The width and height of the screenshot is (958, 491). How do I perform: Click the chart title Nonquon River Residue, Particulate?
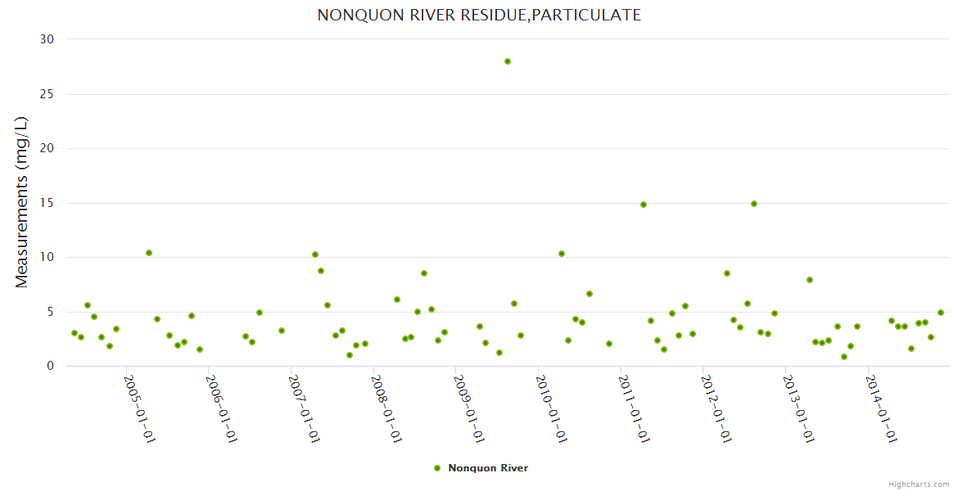pyautogui.click(x=479, y=16)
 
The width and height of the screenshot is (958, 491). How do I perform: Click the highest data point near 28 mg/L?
pyautogui.click(x=508, y=61)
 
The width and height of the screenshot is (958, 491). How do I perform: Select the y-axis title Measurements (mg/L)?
pyautogui.click(x=22, y=202)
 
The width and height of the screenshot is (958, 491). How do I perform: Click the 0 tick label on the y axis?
pyautogui.click(x=50, y=367)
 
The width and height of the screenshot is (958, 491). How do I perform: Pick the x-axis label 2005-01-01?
pyautogui.click(x=139, y=408)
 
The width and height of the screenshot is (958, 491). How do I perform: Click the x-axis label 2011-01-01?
pyautogui.click(x=634, y=408)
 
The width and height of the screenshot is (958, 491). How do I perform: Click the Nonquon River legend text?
pyautogui.click(x=488, y=468)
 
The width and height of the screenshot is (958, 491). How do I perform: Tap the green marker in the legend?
pyautogui.click(x=437, y=468)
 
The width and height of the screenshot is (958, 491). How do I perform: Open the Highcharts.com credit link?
pyautogui.click(x=919, y=484)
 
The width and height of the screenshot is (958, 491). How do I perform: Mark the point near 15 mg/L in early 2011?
pyautogui.click(x=644, y=205)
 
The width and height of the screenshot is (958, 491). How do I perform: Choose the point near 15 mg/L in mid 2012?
pyautogui.click(x=754, y=204)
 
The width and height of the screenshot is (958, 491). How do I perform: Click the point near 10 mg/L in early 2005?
pyautogui.click(x=149, y=253)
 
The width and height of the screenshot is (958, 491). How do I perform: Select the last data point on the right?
pyautogui.click(x=941, y=313)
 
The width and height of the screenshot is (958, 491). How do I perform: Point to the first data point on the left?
pyautogui.click(x=75, y=333)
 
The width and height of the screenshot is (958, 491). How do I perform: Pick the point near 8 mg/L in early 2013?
pyautogui.click(x=810, y=280)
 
